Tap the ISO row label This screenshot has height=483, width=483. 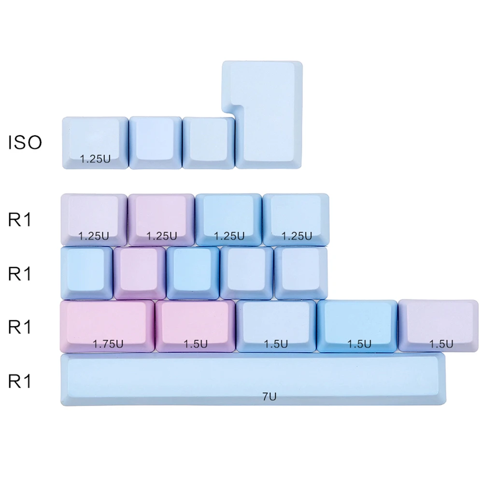click(x=25, y=142)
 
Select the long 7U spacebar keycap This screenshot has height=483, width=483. click(x=254, y=379)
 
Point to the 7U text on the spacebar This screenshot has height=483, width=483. click(x=269, y=397)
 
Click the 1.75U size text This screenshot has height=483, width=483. click(x=108, y=344)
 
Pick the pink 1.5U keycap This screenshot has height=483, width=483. click(x=195, y=324)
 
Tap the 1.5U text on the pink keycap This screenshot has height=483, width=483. click(x=196, y=344)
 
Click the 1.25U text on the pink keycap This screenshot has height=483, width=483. click(x=162, y=236)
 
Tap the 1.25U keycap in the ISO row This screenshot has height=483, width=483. click(x=95, y=141)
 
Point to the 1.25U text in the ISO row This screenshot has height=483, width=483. click(x=96, y=158)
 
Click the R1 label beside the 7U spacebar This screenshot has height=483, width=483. click(x=19, y=382)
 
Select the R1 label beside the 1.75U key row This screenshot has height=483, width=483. click(x=19, y=327)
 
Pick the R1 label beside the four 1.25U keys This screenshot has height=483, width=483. click(x=19, y=220)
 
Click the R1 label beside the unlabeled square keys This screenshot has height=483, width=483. click(x=19, y=274)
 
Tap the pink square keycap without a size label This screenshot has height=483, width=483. click(x=140, y=271)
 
